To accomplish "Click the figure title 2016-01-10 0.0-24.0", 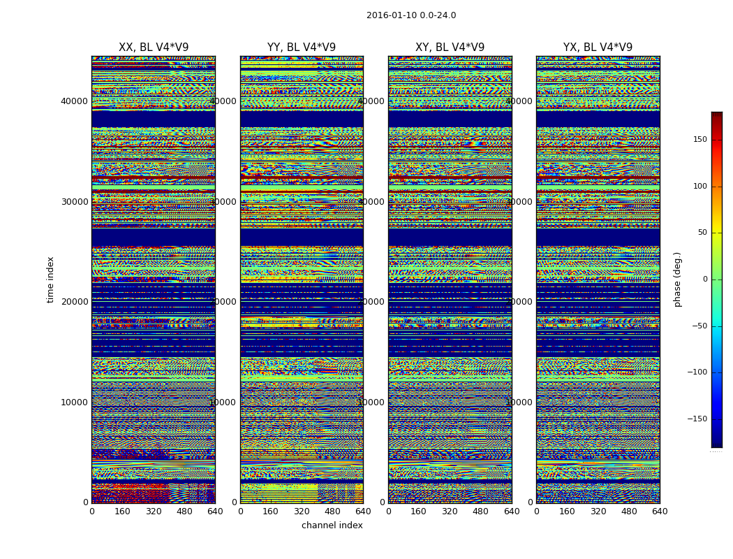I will tap(411, 15).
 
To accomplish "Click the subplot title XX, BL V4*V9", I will tap(154, 48).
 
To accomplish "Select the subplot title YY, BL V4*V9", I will tap(302, 48).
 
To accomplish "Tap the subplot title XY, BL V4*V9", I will tap(450, 48).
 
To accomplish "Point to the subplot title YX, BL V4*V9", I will tap(598, 48).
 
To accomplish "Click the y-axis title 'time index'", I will tap(51, 279).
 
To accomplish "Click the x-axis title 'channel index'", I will tap(332, 525).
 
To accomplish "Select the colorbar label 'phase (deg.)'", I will tap(677, 279).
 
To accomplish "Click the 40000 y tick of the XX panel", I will tap(74, 101).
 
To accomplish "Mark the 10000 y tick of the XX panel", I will tap(74, 402).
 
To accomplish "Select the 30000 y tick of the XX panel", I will tap(74, 201).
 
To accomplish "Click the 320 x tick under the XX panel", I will tap(153, 511).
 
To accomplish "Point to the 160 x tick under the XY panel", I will tap(419, 511).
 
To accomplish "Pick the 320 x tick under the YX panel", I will tap(598, 511).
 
